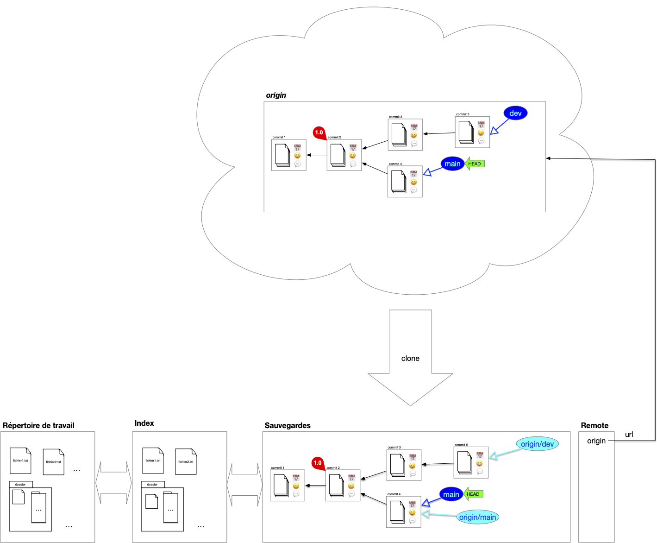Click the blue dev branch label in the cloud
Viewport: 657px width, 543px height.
[x=515, y=113]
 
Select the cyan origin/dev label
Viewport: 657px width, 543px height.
[x=537, y=444]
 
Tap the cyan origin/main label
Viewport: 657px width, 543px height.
[x=477, y=517]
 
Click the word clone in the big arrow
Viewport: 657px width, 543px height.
[x=410, y=358]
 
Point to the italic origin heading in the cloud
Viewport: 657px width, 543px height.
[x=276, y=95]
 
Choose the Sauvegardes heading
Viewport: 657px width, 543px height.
[x=288, y=425]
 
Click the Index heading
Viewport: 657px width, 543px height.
[x=144, y=423]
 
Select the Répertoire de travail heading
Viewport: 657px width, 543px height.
[x=38, y=425]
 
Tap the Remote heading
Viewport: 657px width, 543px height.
[x=594, y=425]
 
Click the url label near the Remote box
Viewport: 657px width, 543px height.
[x=629, y=434]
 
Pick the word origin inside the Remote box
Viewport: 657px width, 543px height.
[x=596, y=441]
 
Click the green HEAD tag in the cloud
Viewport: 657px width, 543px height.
[x=475, y=164]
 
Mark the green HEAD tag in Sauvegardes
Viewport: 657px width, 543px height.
[x=473, y=494]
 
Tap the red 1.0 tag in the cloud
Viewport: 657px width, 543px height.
[x=319, y=133]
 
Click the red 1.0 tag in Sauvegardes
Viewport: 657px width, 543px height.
[x=318, y=463]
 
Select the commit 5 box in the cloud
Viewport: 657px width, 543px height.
[x=472, y=133]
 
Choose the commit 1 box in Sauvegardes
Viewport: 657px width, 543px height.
[x=287, y=485]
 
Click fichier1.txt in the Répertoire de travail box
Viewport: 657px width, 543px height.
[x=20, y=461]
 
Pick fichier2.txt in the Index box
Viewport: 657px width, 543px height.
[x=186, y=461]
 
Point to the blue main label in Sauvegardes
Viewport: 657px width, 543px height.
[x=451, y=494]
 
